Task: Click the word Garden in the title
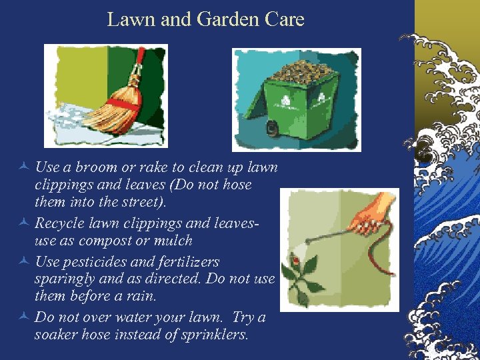click(x=228, y=19)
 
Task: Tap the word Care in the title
click(x=285, y=19)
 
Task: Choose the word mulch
click(x=172, y=241)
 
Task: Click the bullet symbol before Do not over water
click(x=23, y=317)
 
